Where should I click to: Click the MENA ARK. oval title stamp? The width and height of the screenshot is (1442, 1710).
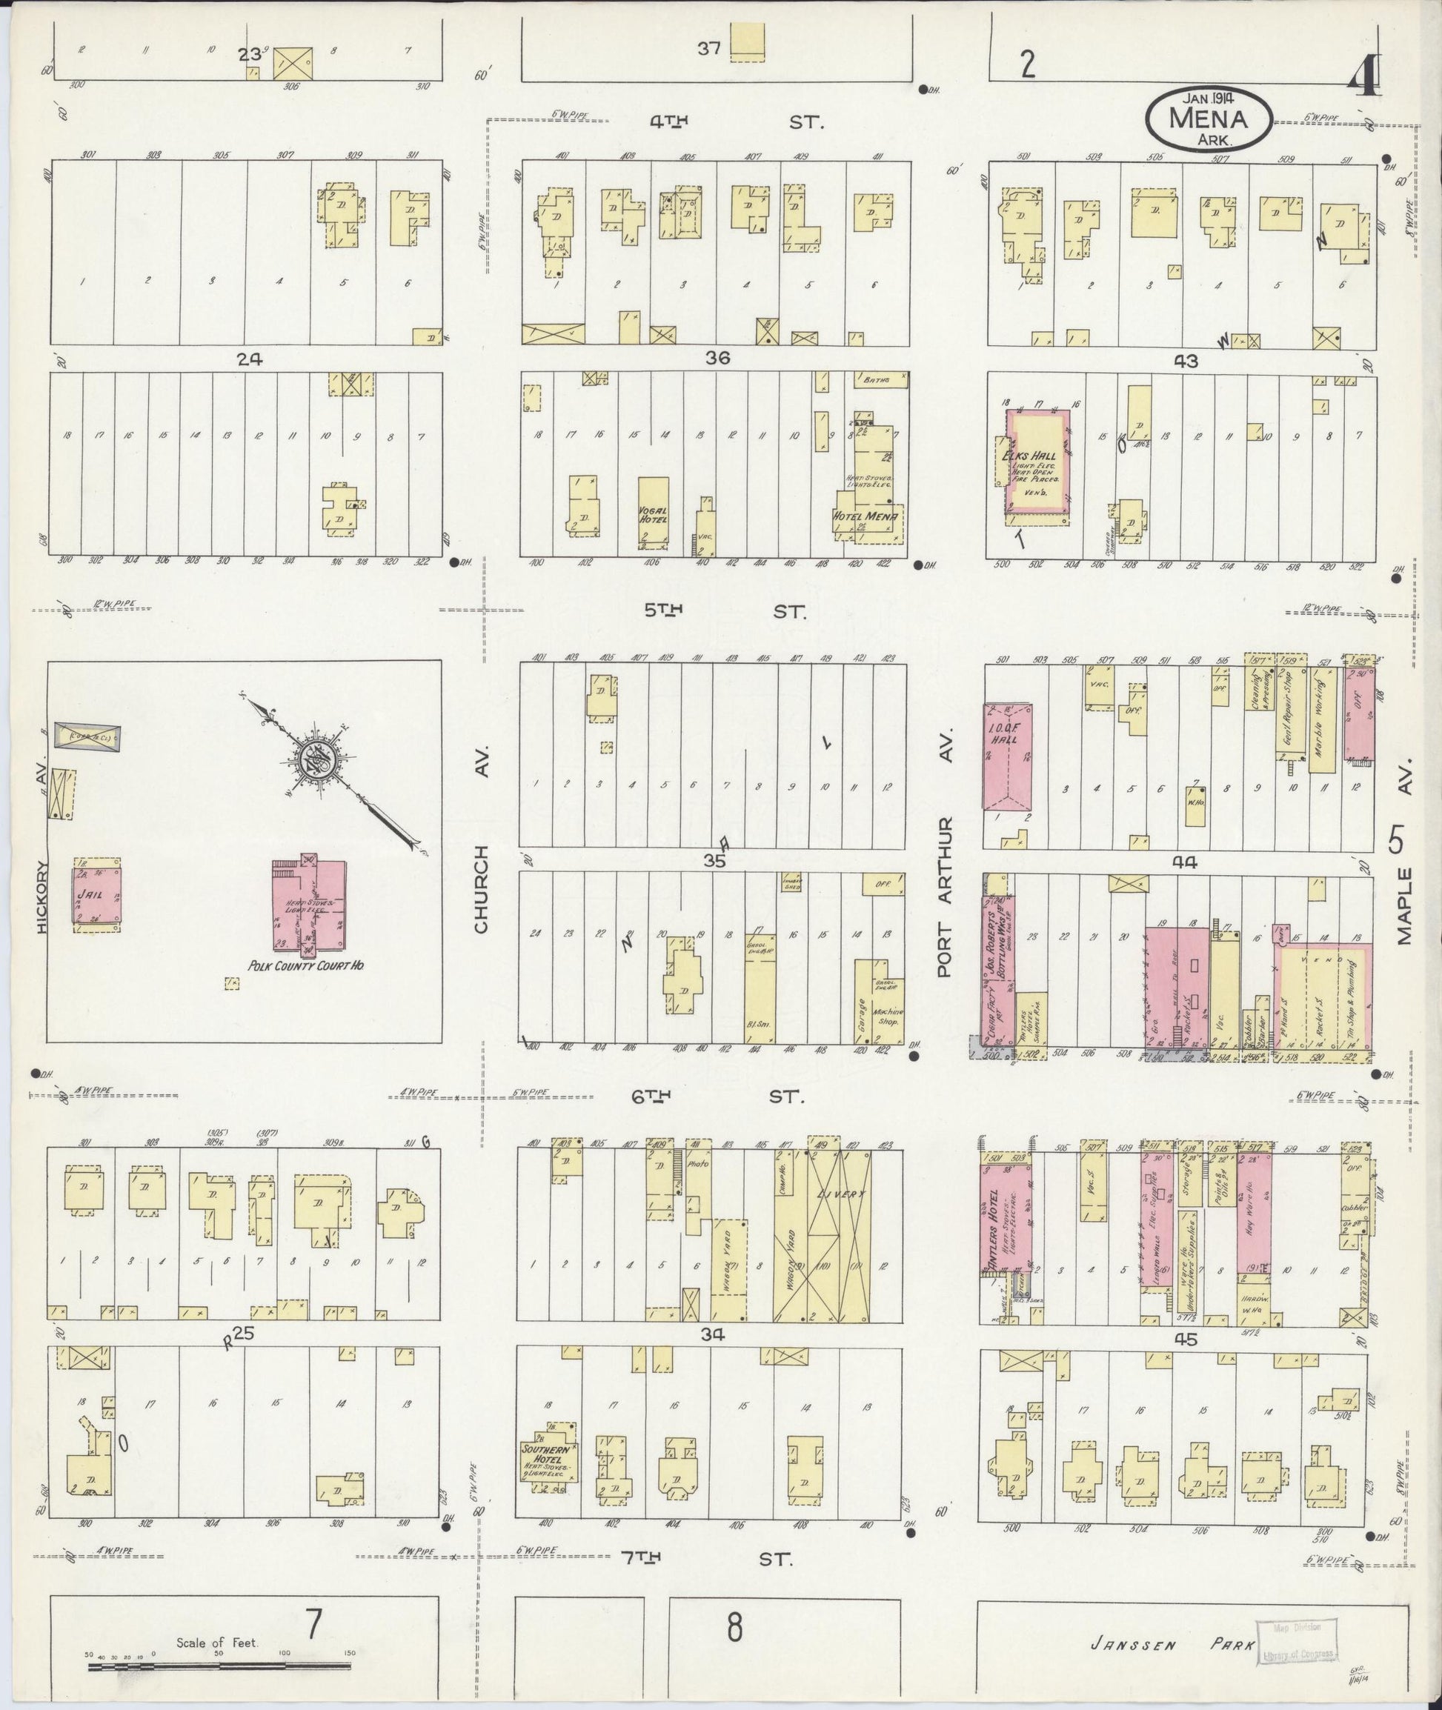1208,119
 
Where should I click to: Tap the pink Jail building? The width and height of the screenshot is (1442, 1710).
97,896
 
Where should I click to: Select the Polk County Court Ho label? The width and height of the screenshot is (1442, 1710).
306,965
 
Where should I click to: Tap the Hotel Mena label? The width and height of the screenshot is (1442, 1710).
865,516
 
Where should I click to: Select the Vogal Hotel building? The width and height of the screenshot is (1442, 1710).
653,513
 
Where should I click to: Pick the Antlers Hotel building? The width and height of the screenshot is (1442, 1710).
1005,1222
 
